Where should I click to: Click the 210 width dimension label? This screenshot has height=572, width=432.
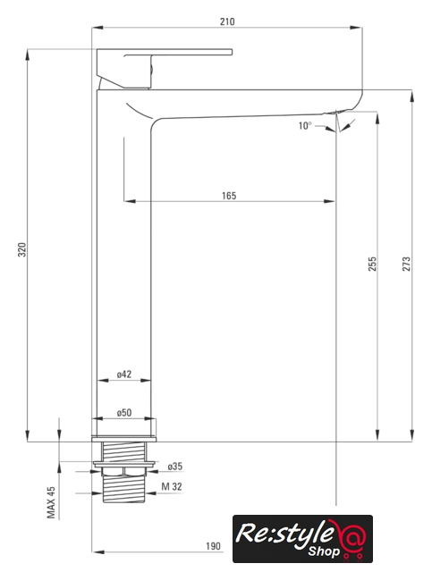coord(227,21)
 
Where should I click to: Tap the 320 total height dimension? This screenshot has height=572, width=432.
coord(22,249)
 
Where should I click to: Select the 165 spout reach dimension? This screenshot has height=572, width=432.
coord(229,196)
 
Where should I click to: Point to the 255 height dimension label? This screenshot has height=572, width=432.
coord(372,264)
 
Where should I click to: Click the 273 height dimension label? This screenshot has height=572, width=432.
coord(406,264)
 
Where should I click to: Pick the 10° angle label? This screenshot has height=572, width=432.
coord(305,126)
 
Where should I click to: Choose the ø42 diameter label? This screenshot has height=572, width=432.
coord(124,374)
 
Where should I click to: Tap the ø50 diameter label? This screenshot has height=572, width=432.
coord(124,413)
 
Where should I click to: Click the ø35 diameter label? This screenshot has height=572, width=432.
coord(175,467)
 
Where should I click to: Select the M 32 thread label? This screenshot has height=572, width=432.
coord(172,486)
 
